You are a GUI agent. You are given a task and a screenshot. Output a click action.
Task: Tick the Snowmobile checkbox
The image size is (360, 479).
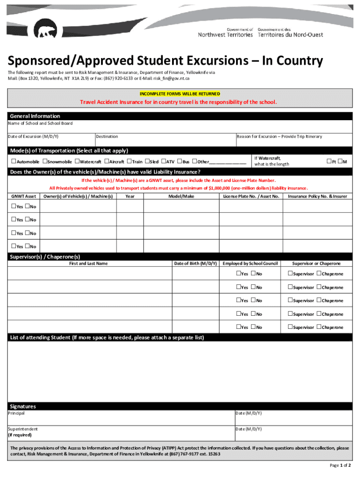click(x=44, y=161)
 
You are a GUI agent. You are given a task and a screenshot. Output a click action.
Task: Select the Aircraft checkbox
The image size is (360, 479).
click(x=106, y=161)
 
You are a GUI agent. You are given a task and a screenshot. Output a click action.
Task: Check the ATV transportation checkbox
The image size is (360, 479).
click(x=164, y=161)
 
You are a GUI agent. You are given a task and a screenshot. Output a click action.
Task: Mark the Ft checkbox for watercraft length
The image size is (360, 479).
click(x=328, y=161)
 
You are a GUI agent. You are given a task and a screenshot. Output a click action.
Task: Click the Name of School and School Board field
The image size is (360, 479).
click(x=180, y=127)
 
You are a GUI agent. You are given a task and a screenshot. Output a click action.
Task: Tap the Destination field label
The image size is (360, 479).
click(x=107, y=137)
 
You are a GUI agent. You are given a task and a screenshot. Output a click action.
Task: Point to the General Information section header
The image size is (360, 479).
click(x=35, y=116)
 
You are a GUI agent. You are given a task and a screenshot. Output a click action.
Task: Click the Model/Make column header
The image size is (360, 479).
click(x=181, y=196)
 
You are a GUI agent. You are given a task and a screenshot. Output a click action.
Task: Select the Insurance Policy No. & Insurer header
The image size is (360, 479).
click(x=317, y=196)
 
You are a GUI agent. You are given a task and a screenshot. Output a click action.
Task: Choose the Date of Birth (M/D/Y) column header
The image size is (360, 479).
click(x=195, y=263)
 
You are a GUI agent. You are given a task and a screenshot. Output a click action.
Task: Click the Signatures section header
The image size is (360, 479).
click(x=23, y=406)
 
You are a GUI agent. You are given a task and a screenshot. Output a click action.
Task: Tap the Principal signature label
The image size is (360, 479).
click(x=16, y=414)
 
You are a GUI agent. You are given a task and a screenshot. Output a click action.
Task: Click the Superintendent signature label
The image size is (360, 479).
click(x=23, y=429)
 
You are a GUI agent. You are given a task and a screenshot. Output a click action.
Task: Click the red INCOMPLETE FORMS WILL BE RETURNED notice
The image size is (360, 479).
click(x=180, y=94)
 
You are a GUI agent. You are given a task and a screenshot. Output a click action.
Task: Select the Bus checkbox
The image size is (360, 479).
click(x=180, y=161)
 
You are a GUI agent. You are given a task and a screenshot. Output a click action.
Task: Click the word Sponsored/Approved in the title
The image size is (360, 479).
click(x=70, y=61)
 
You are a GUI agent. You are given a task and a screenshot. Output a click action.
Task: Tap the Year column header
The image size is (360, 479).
click(x=130, y=196)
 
